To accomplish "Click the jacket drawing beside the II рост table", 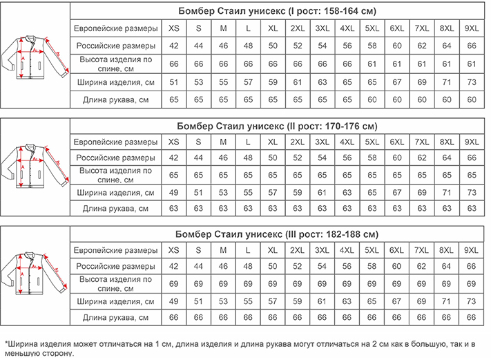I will pos(35,166).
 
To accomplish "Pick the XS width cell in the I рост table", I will pos(173,82).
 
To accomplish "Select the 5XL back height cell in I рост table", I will pos(372,64).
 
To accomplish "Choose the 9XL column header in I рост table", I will pos(472,28).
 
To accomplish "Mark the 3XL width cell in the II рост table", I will pos(322,191).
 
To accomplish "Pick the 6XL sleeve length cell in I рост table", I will pos(396,100).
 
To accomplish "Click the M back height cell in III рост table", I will pos(223,283).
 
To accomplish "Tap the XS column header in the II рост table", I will pos(173,142).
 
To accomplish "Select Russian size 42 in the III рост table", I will pos(173,265).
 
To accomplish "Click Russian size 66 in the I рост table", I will pos(472,46).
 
